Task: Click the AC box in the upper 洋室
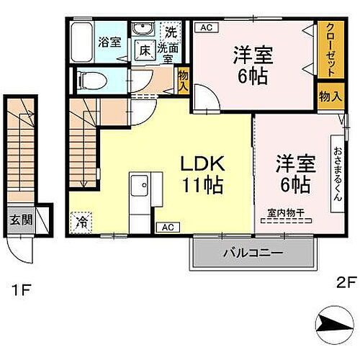(205, 28)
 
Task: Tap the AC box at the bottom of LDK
(167, 228)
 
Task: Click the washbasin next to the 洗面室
(141, 31)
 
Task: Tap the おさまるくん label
(337, 173)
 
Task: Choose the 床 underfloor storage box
(145, 50)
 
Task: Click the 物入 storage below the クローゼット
(328, 96)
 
